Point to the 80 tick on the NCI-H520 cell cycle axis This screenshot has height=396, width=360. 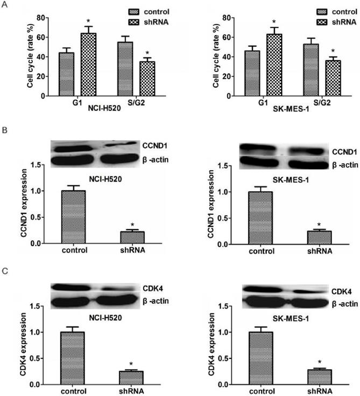[46, 18]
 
